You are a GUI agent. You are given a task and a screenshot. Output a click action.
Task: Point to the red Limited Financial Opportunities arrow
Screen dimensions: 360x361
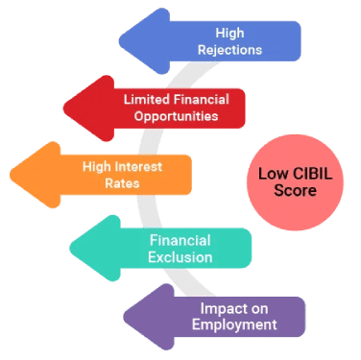(163, 108)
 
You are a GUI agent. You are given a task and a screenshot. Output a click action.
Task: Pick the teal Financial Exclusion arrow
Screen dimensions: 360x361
(173, 249)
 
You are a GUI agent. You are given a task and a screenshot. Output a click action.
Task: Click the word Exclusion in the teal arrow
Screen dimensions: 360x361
(180, 257)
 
